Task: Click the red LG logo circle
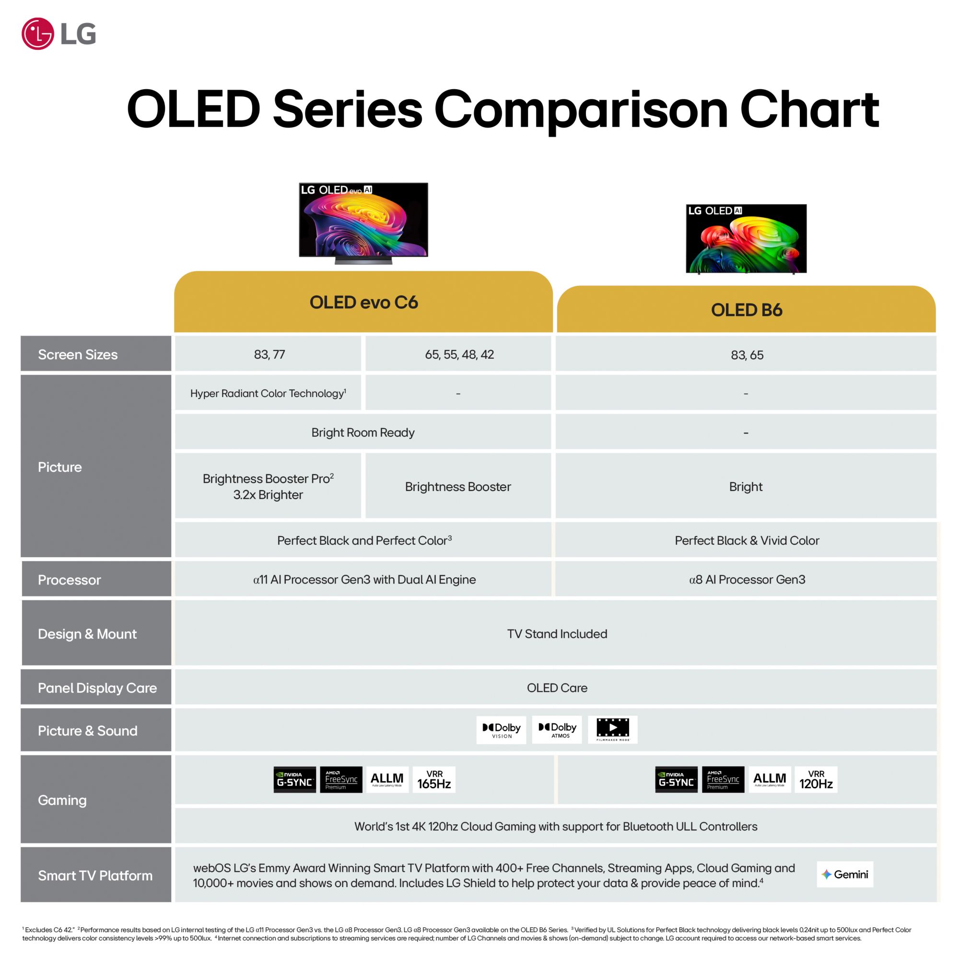pyautogui.click(x=38, y=34)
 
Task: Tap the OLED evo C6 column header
pyautogui.click(x=363, y=302)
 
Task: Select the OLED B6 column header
pyautogui.click(x=747, y=309)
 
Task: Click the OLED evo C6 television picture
pyautogui.click(x=363, y=223)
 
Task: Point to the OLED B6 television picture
pyautogui.click(x=746, y=239)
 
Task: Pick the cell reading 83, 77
pyautogui.click(x=268, y=354)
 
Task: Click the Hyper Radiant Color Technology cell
pyautogui.click(x=268, y=393)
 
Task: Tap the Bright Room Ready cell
pyautogui.click(x=363, y=432)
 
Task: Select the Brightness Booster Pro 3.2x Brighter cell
pyautogui.click(x=268, y=486)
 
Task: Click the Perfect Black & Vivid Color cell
pyautogui.click(x=746, y=540)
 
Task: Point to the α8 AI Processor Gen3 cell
pyautogui.click(x=746, y=579)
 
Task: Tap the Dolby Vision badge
pyautogui.click(x=502, y=730)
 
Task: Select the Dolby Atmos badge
pyautogui.click(x=557, y=730)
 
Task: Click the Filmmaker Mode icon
pyautogui.click(x=612, y=730)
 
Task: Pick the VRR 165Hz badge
pyautogui.click(x=434, y=779)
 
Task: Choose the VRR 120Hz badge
pyautogui.click(x=816, y=779)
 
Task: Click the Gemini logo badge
pyautogui.click(x=845, y=874)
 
